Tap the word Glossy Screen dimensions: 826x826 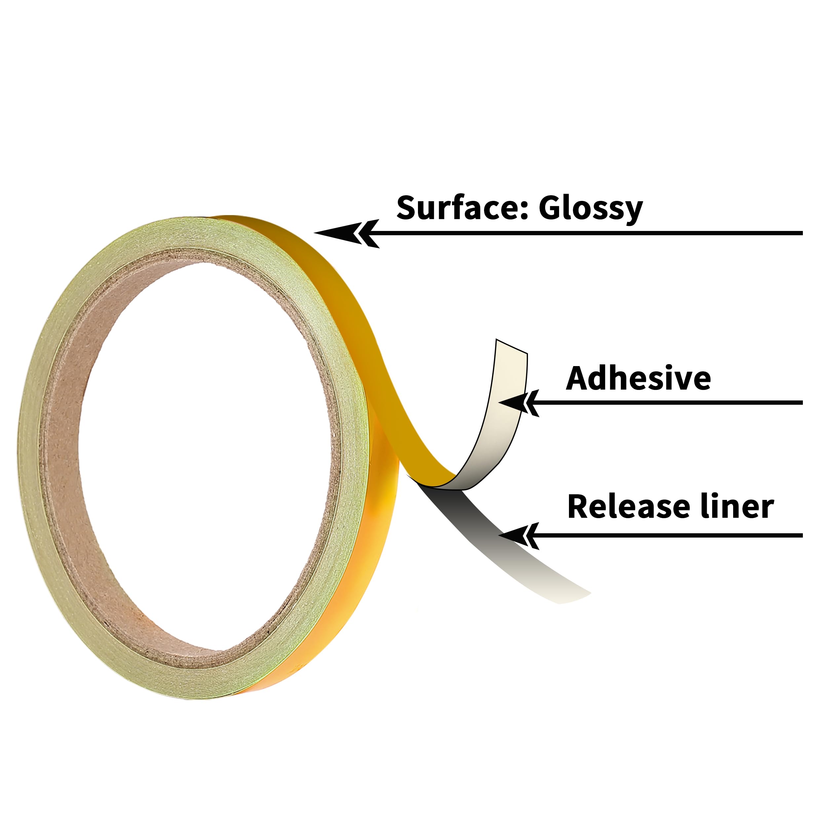tap(590, 209)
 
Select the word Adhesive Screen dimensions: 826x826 tap(638, 378)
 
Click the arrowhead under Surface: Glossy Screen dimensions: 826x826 tap(347, 234)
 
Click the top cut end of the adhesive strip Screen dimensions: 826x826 tap(512, 346)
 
